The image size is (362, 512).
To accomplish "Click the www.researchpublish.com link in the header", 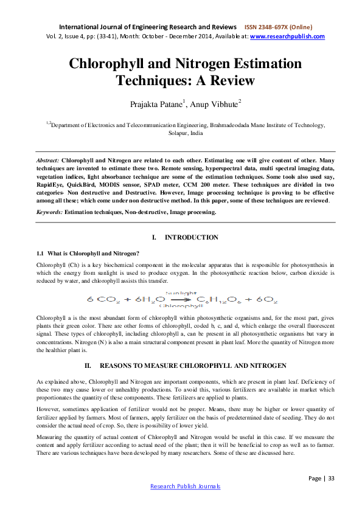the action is [x=287, y=36].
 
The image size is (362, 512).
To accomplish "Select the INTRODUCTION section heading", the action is [x=192, y=237].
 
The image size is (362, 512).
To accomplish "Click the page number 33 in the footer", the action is [x=332, y=479].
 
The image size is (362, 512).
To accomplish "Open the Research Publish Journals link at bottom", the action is [x=185, y=486].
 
